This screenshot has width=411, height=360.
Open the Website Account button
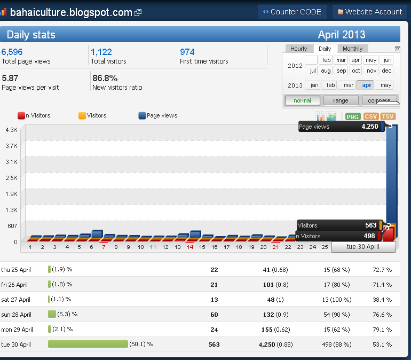[x=368, y=12]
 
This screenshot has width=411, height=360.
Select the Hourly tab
[x=299, y=49]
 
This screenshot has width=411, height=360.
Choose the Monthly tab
[x=352, y=49]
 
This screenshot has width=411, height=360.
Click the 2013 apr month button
[x=366, y=85]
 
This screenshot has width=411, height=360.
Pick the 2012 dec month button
[x=386, y=71]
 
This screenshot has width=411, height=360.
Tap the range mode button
[x=341, y=100]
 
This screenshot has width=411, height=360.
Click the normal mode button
[x=302, y=100]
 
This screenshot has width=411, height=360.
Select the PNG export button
[x=352, y=116]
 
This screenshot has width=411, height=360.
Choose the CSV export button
[x=370, y=116]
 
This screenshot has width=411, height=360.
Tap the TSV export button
[x=388, y=116]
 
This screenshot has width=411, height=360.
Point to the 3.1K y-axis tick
[x=11, y=162]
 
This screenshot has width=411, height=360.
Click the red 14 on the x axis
[x=190, y=247]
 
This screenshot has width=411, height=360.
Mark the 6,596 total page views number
[x=12, y=52]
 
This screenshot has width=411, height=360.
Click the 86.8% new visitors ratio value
[x=105, y=78]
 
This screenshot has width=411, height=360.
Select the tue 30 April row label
[x=16, y=345]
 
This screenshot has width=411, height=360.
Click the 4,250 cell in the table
[x=267, y=345]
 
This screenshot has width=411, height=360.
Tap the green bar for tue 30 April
[x=88, y=344]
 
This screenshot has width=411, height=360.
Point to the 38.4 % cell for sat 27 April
[x=382, y=300]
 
